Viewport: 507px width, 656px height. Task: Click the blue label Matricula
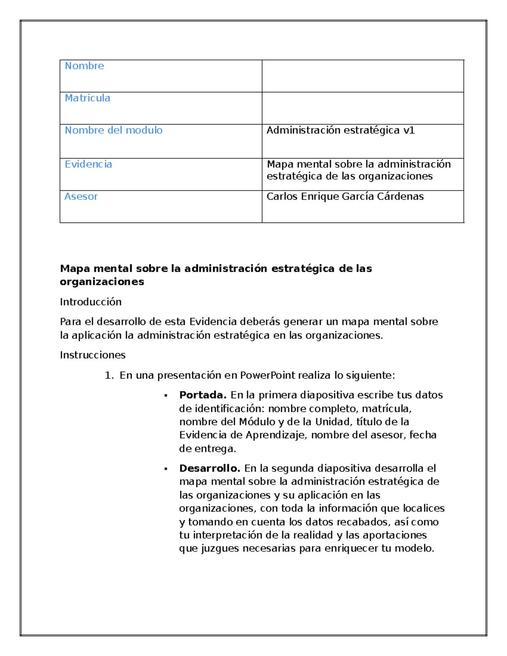click(87, 98)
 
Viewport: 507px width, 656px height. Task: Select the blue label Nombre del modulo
click(113, 130)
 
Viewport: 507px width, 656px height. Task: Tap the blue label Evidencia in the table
click(88, 164)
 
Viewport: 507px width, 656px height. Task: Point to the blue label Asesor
click(81, 196)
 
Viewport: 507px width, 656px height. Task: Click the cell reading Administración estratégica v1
click(341, 130)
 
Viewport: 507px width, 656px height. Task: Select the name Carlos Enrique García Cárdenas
click(345, 196)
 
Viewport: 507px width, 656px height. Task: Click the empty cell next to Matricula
click(363, 108)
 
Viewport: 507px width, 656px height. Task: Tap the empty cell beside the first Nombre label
click(363, 76)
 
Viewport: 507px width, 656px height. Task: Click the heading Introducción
click(90, 302)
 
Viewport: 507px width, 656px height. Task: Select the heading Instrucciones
click(93, 355)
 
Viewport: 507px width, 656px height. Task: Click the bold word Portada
click(203, 395)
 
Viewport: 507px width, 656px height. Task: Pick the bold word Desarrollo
click(210, 468)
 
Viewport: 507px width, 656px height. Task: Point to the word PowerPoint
click(267, 375)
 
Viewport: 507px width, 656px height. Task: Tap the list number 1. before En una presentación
click(109, 375)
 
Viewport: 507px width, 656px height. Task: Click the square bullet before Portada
click(166, 396)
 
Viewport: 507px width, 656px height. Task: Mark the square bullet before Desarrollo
click(166, 469)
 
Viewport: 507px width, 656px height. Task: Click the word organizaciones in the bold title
click(102, 282)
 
